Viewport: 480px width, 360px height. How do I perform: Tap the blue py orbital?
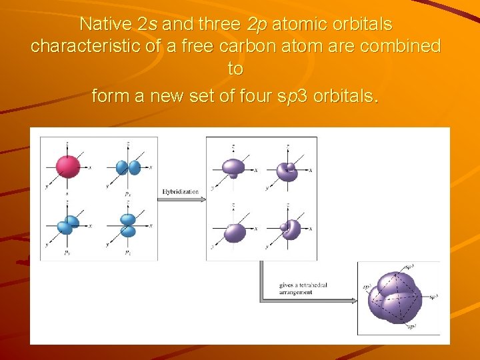pyautogui.click(x=68, y=225)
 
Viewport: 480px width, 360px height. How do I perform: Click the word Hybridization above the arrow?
pyautogui.click(x=180, y=192)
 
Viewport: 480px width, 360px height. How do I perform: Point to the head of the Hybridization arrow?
pyautogui.click(x=201, y=199)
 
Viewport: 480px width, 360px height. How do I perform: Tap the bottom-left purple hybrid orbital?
pyautogui.click(x=235, y=232)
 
